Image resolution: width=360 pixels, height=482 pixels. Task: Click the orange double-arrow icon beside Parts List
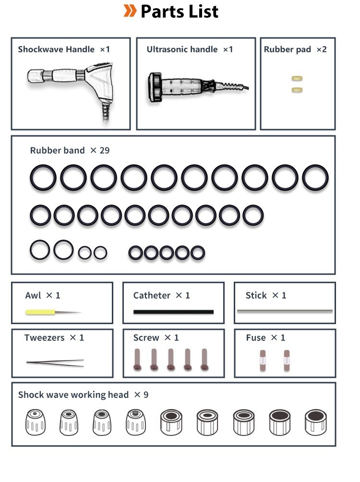pyautogui.click(x=130, y=11)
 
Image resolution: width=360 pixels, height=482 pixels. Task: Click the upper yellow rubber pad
pyautogui.click(x=297, y=78)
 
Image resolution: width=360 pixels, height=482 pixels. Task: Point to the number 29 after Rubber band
pyautogui.click(x=105, y=150)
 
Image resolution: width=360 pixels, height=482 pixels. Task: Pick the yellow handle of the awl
pyautogui.click(x=40, y=313)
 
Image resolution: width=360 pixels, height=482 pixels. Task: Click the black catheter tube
pyautogui.click(x=173, y=312)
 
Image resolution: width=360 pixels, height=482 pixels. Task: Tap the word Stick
pyautogui.click(x=256, y=295)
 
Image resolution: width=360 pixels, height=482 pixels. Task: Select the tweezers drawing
pyautogui.click(x=55, y=363)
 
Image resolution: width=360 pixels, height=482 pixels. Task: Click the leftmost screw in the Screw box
pyautogui.click(x=137, y=360)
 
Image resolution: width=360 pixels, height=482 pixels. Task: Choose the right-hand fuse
pyautogui.click(x=287, y=360)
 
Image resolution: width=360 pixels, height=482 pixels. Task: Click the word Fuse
pyautogui.click(x=256, y=338)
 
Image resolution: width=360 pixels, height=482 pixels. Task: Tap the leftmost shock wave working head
pyautogui.click(x=36, y=422)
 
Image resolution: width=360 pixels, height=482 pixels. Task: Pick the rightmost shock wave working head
pyautogui.click(x=316, y=422)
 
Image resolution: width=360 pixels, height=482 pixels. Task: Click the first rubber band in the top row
pyautogui.click(x=43, y=178)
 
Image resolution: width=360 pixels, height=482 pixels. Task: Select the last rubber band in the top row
pyautogui.click(x=315, y=178)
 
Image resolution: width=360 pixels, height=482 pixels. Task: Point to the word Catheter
pyautogui.click(x=152, y=295)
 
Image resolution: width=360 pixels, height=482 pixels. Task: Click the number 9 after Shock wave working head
pyautogui.click(x=146, y=395)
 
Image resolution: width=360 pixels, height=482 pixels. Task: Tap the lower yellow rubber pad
pyautogui.click(x=297, y=90)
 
